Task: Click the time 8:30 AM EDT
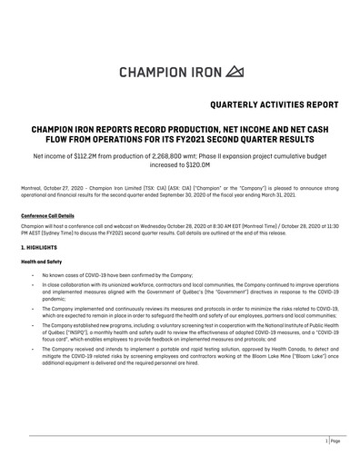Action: point(209,223)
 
